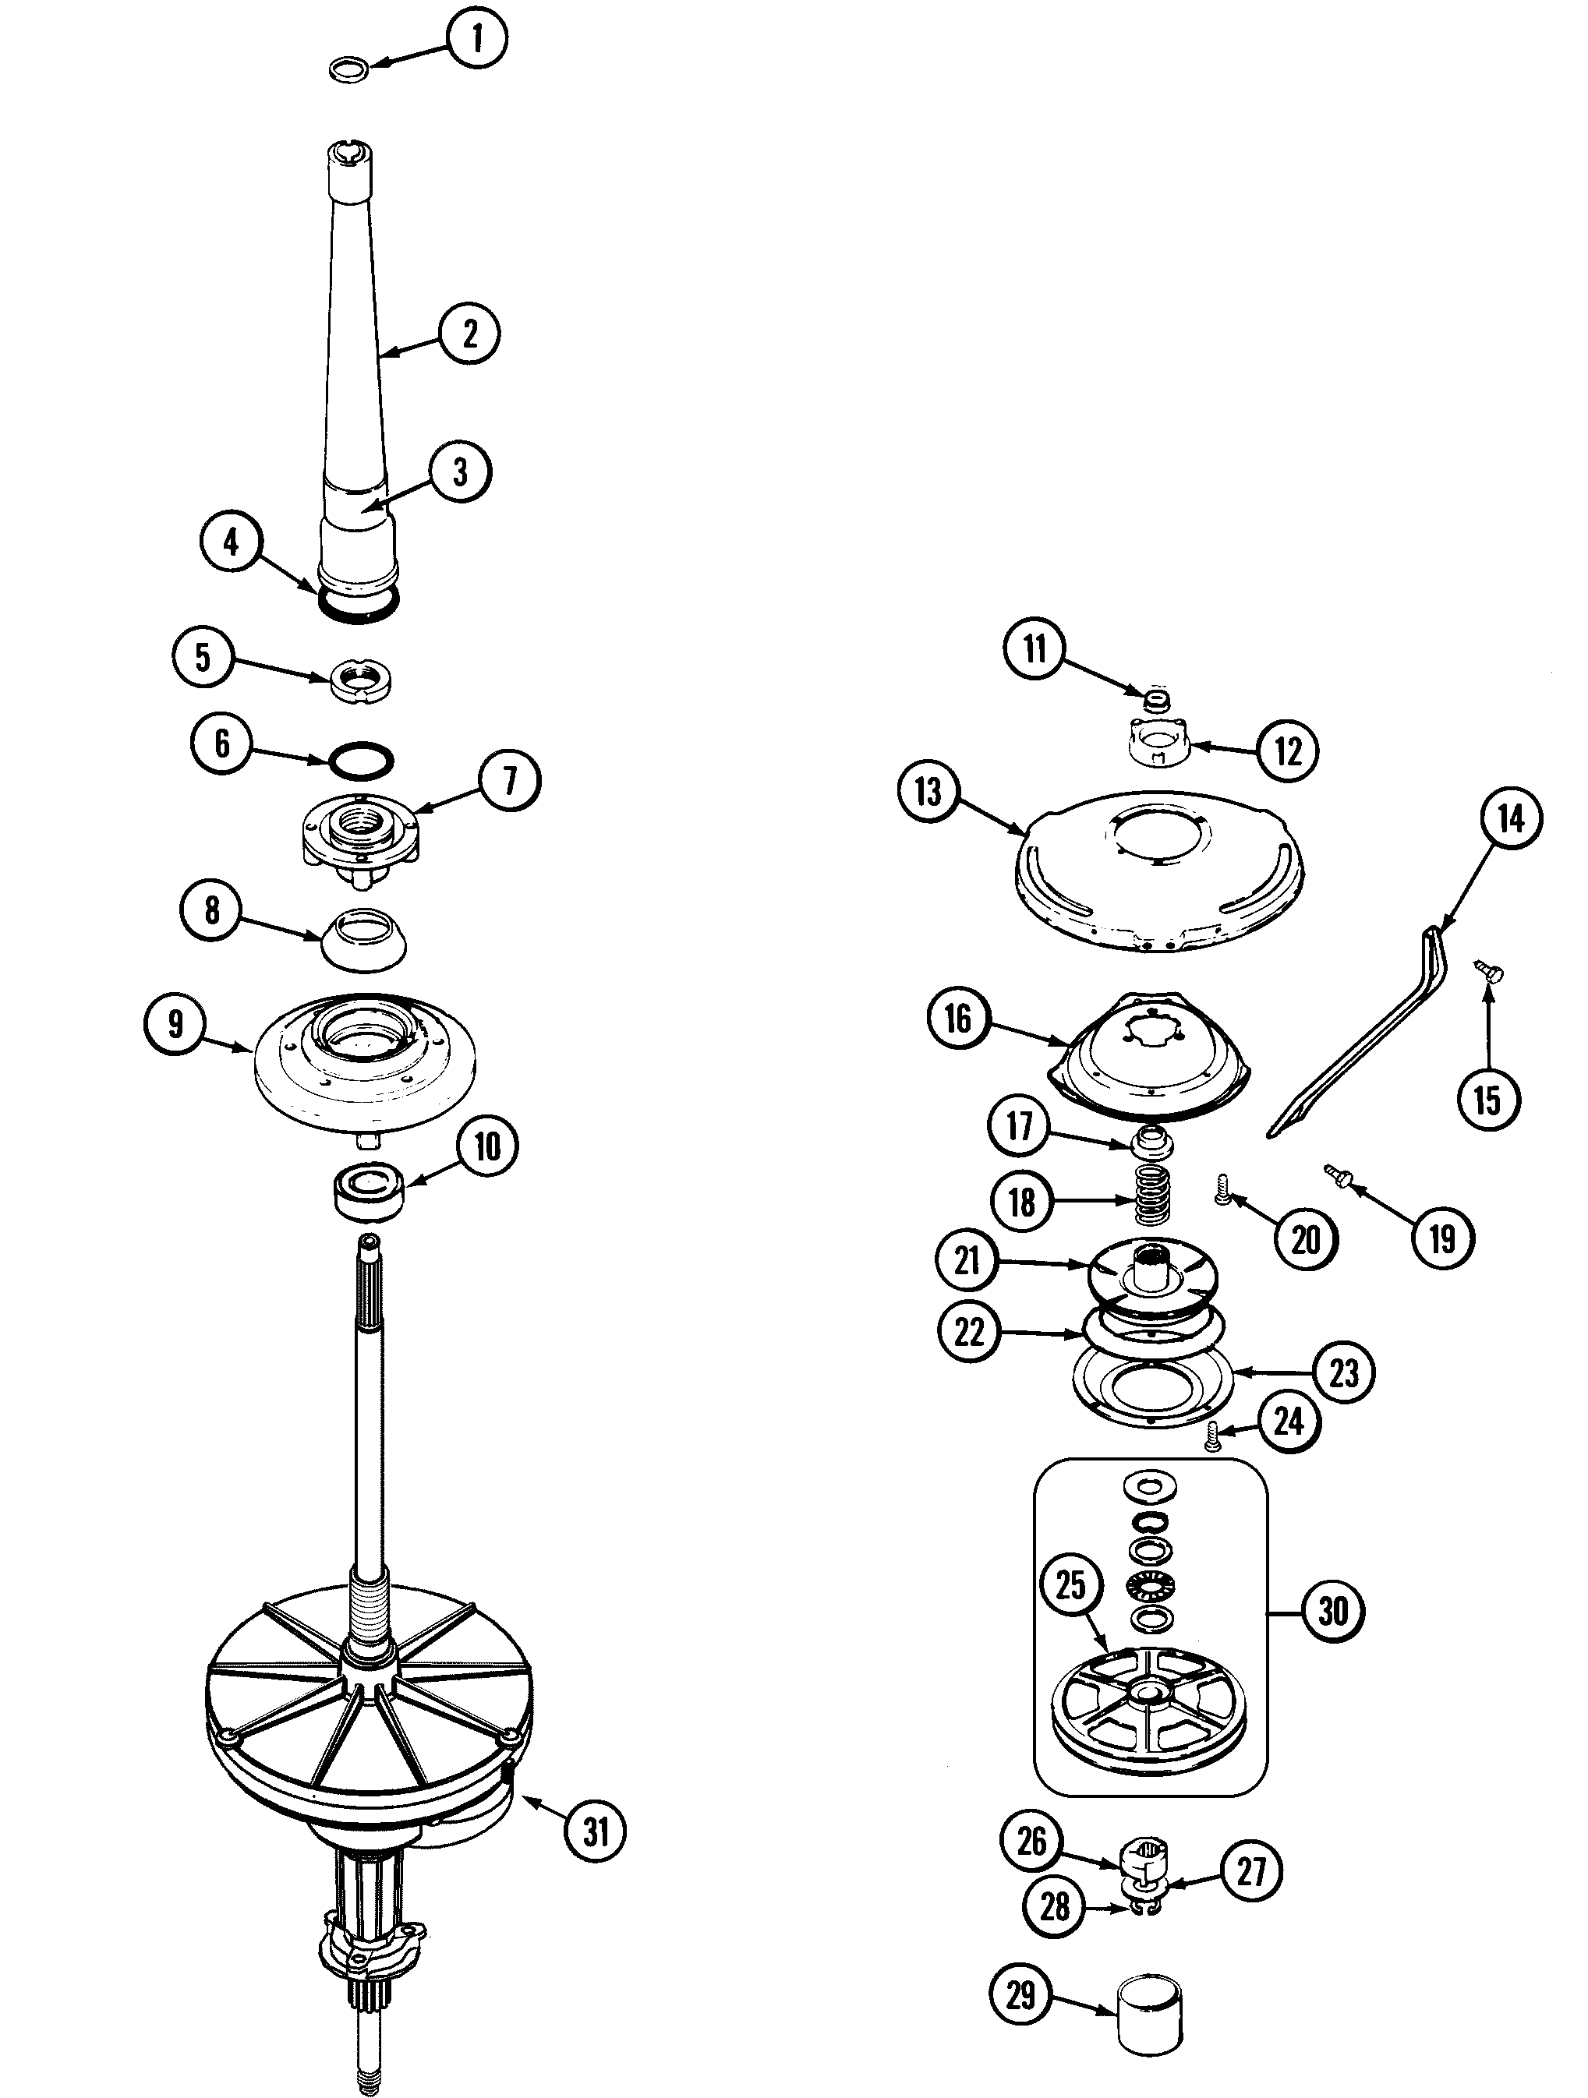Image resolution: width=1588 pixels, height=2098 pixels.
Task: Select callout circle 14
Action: click(1511, 818)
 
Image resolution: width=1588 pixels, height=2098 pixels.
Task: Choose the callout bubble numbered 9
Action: click(175, 1023)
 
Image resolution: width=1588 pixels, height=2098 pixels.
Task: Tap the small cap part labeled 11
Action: click(1155, 701)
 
